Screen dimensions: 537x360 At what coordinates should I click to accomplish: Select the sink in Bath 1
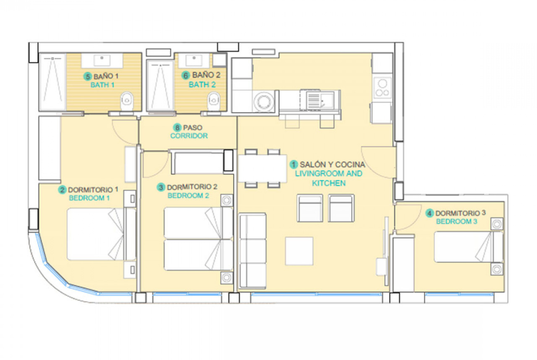pyautogui.click(x=102, y=61)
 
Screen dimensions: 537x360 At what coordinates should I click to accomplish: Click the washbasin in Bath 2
pyautogui.click(x=194, y=60)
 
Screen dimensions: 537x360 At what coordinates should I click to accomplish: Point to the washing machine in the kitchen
pyautogui.click(x=264, y=101)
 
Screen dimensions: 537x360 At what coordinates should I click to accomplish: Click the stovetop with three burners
pyautogui.click(x=382, y=89)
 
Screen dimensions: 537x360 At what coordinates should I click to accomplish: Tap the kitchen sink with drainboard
pyautogui.click(x=320, y=100)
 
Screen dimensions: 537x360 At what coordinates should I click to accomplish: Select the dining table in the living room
pyautogui.click(x=263, y=168)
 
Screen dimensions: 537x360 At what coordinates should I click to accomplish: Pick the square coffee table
pyautogui.click(x=299, y=251)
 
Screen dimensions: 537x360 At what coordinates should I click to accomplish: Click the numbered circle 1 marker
pyautogui.click(x=293, y=165)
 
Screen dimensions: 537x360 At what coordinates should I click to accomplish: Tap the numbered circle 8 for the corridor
pyautogui.click(x=177, y=128)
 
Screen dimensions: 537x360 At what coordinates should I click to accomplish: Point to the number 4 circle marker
pyautogui.click(x=430, y=214)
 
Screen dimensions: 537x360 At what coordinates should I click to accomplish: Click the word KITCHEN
pyautogui.click(x=329, y=183)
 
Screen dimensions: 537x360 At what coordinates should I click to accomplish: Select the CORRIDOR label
pyautogui.click(x=189, y=136)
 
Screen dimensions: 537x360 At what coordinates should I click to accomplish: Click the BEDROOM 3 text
pyautogui.click(x=457, y=222)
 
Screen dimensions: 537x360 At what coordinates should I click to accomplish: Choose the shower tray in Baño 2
pyautogui.click(x=160, y=86)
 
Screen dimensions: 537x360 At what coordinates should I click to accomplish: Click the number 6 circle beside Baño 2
pyautogui.click(x=185, y=75)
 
